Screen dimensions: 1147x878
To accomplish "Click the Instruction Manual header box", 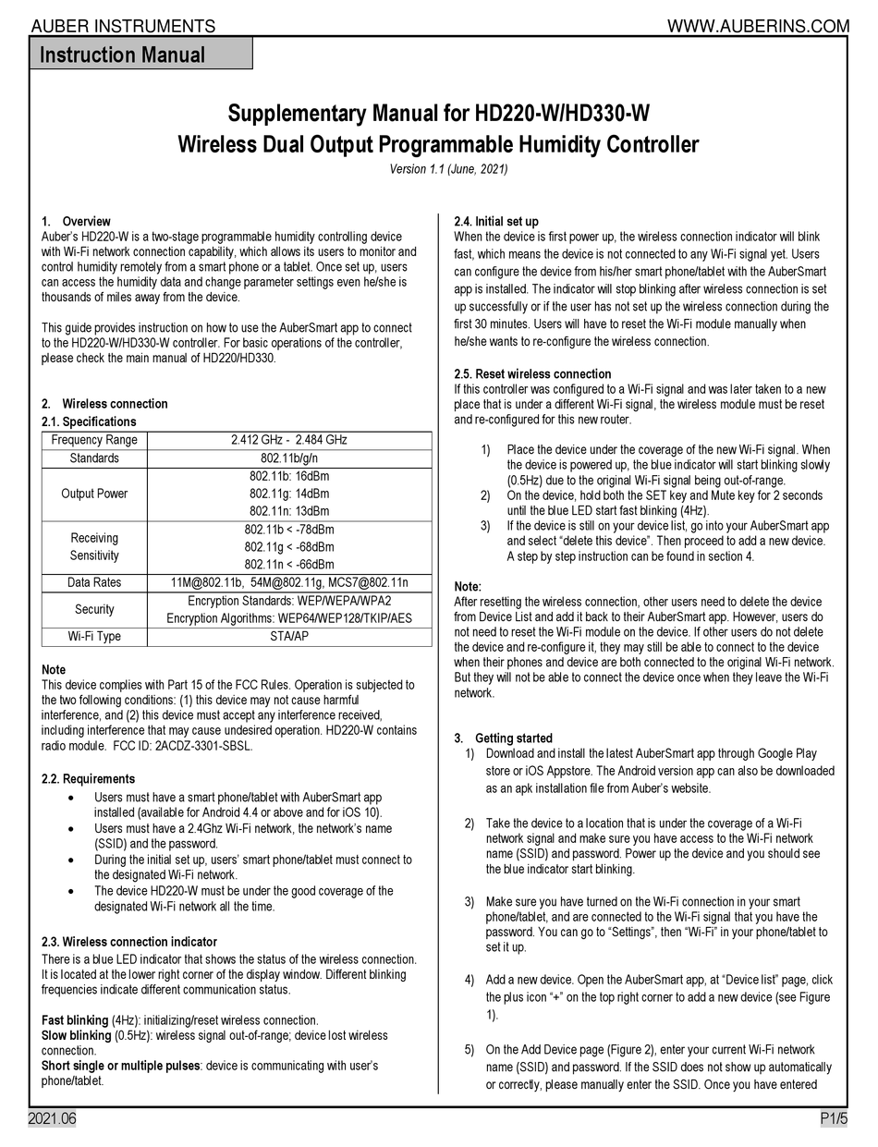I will click(x=140, y=55).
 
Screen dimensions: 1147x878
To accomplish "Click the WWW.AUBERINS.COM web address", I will click(x=770, y=26).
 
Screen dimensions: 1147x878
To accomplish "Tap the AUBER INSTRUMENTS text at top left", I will click(x=124, y=26).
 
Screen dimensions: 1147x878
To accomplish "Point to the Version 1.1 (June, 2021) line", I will click(x=448, y=170).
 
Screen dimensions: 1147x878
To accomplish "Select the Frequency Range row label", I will click(x=94, y=440).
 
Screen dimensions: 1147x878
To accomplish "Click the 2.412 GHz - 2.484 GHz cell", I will click(x=289, y=440).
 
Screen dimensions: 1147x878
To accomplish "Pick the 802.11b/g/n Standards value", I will click(x=289, y=458).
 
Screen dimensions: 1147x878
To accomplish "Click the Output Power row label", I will click(x=94, y=494).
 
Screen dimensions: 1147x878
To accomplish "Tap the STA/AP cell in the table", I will click(x=289, y=637).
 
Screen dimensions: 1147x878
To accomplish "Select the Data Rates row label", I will click(x=94, y=583).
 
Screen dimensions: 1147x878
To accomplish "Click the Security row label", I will click(x=94, y=610).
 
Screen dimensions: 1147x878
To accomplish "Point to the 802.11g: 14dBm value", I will click(x=289, y=494).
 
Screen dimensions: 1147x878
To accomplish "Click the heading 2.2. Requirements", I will click(x=89, y=779).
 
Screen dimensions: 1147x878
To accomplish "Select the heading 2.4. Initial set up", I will click(x=496, y=222).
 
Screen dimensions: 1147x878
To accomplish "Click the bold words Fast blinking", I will click(x=75, y=1020).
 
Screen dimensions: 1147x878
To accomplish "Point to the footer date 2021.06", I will click(x=52, y=1119).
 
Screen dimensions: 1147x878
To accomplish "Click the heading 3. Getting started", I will click(x=504, y=738).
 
